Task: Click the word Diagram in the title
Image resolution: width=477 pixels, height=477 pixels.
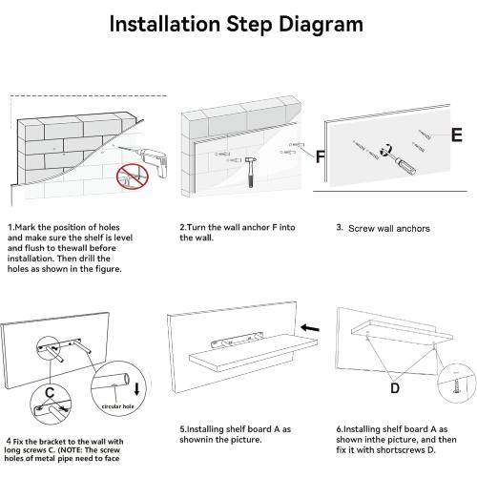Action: tap(321, 25)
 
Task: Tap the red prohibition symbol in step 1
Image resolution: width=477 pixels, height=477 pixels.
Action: tap(133, 177)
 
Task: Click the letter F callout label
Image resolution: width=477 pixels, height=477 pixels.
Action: tap(320, 156)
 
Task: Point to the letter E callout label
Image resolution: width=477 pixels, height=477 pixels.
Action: tap(457, 135)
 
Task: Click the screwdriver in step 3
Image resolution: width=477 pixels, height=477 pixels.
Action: tap(399, 160)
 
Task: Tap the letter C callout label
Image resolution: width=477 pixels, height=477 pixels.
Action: tap(50, 393)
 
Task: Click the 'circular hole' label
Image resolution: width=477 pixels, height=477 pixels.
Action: tap(117, 406)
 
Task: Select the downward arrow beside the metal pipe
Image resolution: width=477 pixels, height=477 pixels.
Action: tap(137, 389)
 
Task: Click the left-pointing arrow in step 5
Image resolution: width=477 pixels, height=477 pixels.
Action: tap(310, 328)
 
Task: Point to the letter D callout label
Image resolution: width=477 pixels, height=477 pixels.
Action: tap(395, 388)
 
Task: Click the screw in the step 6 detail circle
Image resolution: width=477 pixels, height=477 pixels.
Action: tap(456, 386)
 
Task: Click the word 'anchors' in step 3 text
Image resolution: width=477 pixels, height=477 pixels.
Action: tap(413, 228)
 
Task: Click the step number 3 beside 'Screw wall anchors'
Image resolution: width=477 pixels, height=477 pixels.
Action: tap(340, 227)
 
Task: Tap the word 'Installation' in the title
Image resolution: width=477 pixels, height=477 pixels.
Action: tap(165, 24)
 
